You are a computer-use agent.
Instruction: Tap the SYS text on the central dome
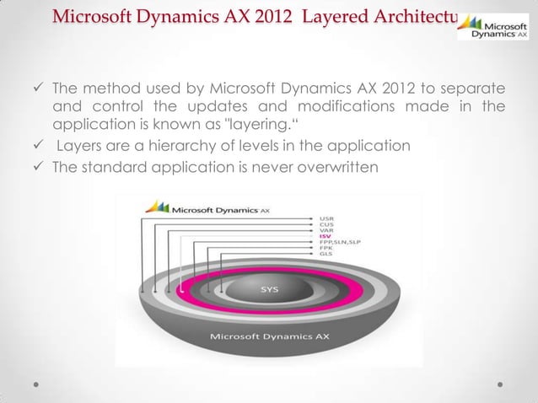pos(269,289)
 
